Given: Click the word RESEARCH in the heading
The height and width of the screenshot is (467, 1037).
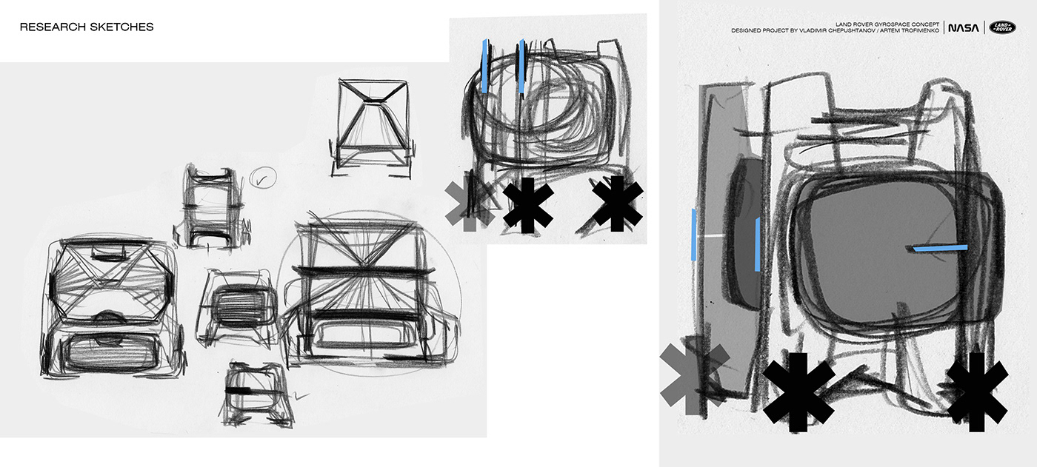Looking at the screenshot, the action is click(53, 27).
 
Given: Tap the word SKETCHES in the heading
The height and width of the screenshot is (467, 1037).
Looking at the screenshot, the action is click(121, 27).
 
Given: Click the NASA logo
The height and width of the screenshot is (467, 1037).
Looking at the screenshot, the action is click(964, 27).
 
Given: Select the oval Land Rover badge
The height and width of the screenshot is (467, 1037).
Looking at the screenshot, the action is click(1002, 27).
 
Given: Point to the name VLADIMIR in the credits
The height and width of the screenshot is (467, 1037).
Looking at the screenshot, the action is click(816, 30).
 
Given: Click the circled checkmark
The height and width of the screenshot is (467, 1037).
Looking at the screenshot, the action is click(263, 178).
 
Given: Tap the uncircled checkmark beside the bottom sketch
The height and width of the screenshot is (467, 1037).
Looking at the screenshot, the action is click(301, 396).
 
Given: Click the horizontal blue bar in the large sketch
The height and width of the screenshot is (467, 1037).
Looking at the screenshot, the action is click(940, 248).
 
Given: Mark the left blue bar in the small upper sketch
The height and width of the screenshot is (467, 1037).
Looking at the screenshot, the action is click(484, 66).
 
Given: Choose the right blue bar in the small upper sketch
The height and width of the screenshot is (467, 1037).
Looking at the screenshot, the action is click(521, 66).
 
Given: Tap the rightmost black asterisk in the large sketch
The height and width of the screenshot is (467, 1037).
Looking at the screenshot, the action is click(977, 392).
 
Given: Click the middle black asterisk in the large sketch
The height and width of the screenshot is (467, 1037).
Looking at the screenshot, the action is click(798, 392).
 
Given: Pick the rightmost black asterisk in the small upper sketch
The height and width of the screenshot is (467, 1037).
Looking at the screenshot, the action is click(617, 204).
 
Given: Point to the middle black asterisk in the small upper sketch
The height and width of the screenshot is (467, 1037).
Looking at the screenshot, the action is click(527, 205).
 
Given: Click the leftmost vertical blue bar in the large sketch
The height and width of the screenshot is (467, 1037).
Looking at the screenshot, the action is click(693, 235).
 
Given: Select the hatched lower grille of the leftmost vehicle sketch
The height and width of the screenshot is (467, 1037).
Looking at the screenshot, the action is click(111, 352).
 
